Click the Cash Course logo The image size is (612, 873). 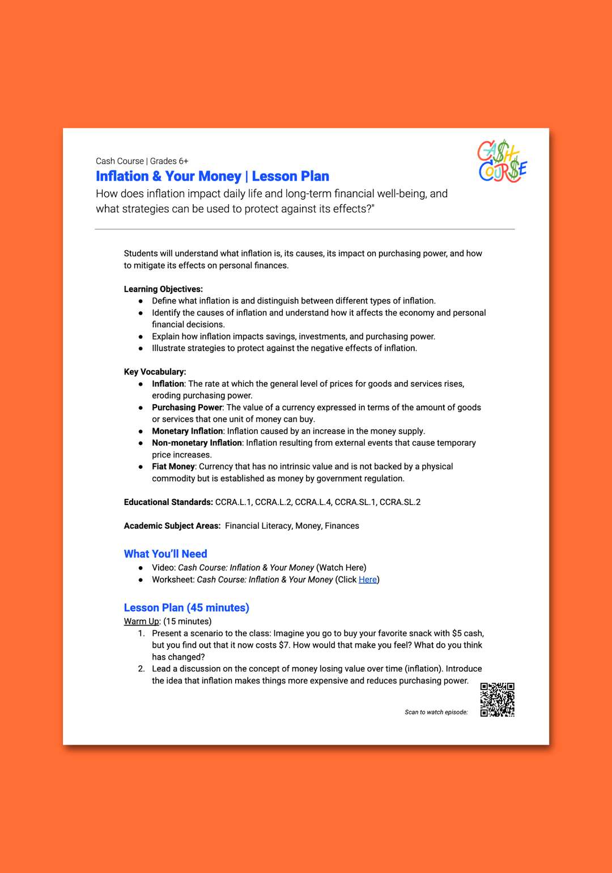click(502, 161)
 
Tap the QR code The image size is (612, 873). click(497, 700)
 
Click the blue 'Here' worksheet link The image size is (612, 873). click(368, 580)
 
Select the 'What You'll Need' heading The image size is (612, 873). click(165, 554)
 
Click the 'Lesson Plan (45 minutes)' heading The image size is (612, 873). click(186, 607)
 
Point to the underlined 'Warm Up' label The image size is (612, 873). click(142, 622)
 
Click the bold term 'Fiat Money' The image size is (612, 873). click(173, 467)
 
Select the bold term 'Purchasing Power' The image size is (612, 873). click(187, 408)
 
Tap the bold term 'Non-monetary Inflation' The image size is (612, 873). click(197, 443)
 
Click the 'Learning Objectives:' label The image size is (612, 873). click(163, 289)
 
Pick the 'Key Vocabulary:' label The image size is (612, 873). click(155, 372)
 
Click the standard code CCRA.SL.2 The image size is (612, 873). click(400, 502)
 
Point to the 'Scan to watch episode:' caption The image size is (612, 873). click(436, 712)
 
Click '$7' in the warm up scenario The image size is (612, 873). click(284, 645)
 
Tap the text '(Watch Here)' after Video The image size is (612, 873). click(341, 568)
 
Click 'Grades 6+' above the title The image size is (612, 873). click(169, 161)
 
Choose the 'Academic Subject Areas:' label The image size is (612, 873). click(172, 526)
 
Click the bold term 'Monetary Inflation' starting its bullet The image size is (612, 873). click(187, 431)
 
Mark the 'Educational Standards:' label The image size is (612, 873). click(168, 502)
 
